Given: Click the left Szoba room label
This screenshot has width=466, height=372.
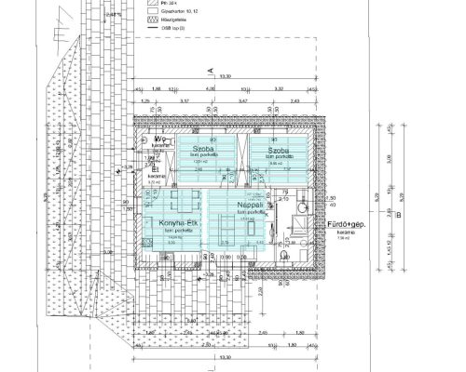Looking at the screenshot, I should click(200, 149).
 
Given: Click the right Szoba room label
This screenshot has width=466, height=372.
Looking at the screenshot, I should click(279, 150).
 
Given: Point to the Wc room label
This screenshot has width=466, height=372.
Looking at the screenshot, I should click(159, 139).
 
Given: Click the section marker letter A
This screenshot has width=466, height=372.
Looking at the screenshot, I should click(212, 71).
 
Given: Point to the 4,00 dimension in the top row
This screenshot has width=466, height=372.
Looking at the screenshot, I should click(211, 90).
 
